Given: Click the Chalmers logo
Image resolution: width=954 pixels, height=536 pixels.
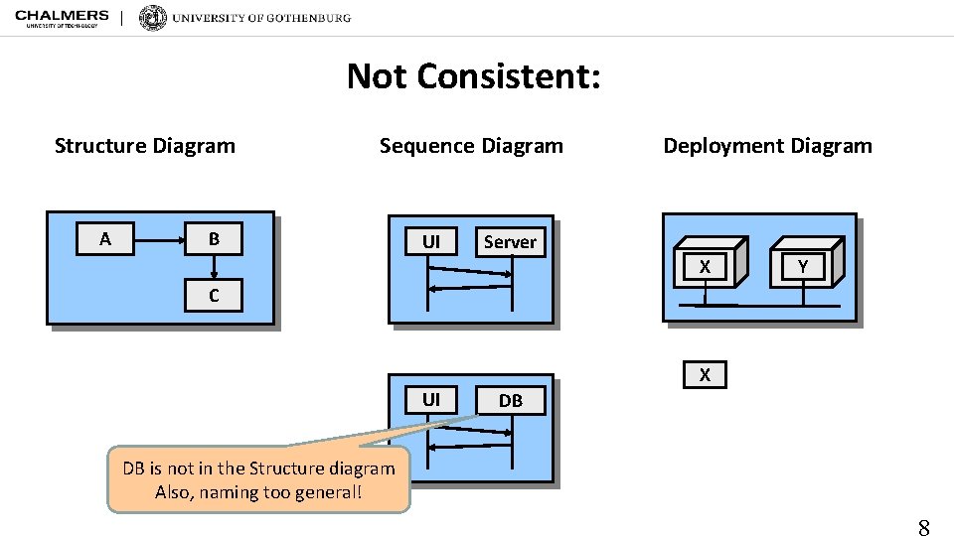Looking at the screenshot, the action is point(62,18).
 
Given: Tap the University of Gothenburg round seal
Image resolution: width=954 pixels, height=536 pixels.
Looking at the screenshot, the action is point(153,18).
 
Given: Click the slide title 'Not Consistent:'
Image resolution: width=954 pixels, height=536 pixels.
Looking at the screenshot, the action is point(473,75).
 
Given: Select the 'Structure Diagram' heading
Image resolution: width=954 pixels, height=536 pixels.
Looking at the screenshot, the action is point(145,146).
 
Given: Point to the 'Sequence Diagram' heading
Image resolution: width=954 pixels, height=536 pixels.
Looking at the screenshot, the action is point(471,146).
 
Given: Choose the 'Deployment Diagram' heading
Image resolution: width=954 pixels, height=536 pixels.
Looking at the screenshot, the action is point(767,146).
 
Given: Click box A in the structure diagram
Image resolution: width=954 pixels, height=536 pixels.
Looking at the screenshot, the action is point(105,239).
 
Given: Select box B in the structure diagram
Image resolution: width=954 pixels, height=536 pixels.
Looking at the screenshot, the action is point(214,239).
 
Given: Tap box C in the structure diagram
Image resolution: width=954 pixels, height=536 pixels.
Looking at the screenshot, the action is point(214,296).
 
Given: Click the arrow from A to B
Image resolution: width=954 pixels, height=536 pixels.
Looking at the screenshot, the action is point(159,239).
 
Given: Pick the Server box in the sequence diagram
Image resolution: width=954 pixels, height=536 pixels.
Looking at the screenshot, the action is point(510,242).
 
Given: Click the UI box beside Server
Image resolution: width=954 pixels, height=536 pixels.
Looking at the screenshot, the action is point(431,242).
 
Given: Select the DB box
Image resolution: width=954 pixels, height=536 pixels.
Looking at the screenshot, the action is point(511,401).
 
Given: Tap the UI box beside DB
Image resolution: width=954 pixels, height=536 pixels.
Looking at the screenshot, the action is point(431,400).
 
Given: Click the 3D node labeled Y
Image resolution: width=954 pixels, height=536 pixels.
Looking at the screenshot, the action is point(803,264).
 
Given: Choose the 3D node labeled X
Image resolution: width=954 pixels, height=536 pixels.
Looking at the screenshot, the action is point(706,264).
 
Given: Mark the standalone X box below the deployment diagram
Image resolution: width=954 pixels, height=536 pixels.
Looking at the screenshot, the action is point(705,375).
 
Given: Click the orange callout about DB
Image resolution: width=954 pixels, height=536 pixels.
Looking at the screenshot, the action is point(258,480).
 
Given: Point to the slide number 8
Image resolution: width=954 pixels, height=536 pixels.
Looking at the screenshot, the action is point(923,527).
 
